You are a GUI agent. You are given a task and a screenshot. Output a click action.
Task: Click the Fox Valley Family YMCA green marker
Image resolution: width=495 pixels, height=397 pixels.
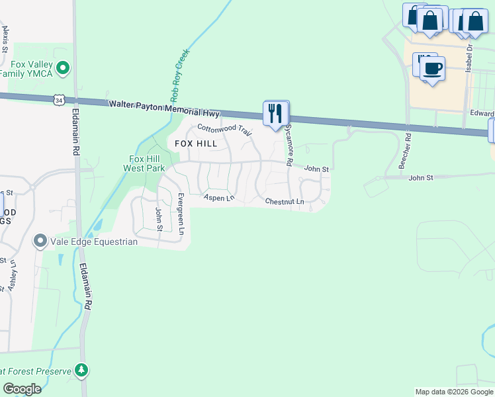(x=64, y=67)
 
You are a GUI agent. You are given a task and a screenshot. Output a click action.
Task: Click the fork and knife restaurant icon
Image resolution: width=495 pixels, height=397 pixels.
(x=276, y=113)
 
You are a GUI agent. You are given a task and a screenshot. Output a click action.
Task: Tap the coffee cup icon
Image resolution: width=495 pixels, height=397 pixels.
(x=432, y=68)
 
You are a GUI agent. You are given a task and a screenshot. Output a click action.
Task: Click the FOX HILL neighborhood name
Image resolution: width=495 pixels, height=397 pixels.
(x=196, y=144)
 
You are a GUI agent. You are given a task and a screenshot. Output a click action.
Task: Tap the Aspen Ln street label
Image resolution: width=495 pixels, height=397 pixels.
(x=219, y=198)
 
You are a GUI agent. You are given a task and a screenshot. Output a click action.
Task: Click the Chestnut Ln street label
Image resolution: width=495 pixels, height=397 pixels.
(x=284, y=201)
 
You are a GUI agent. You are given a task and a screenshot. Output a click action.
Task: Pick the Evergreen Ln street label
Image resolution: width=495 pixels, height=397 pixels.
(x=180, y=214)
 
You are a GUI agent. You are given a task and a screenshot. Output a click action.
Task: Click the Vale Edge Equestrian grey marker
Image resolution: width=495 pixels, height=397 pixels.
(x=40, y=242)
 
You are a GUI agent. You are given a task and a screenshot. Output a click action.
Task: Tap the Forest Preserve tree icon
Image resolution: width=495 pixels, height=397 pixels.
(x=81, y=370)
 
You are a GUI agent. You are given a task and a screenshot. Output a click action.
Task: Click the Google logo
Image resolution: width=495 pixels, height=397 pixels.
(x=22, y=389)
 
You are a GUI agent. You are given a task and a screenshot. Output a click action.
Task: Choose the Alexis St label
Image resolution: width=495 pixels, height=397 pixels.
(x=5, y=40)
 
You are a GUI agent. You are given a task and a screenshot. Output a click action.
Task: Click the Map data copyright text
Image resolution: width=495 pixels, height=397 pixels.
(x=454, y=392)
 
